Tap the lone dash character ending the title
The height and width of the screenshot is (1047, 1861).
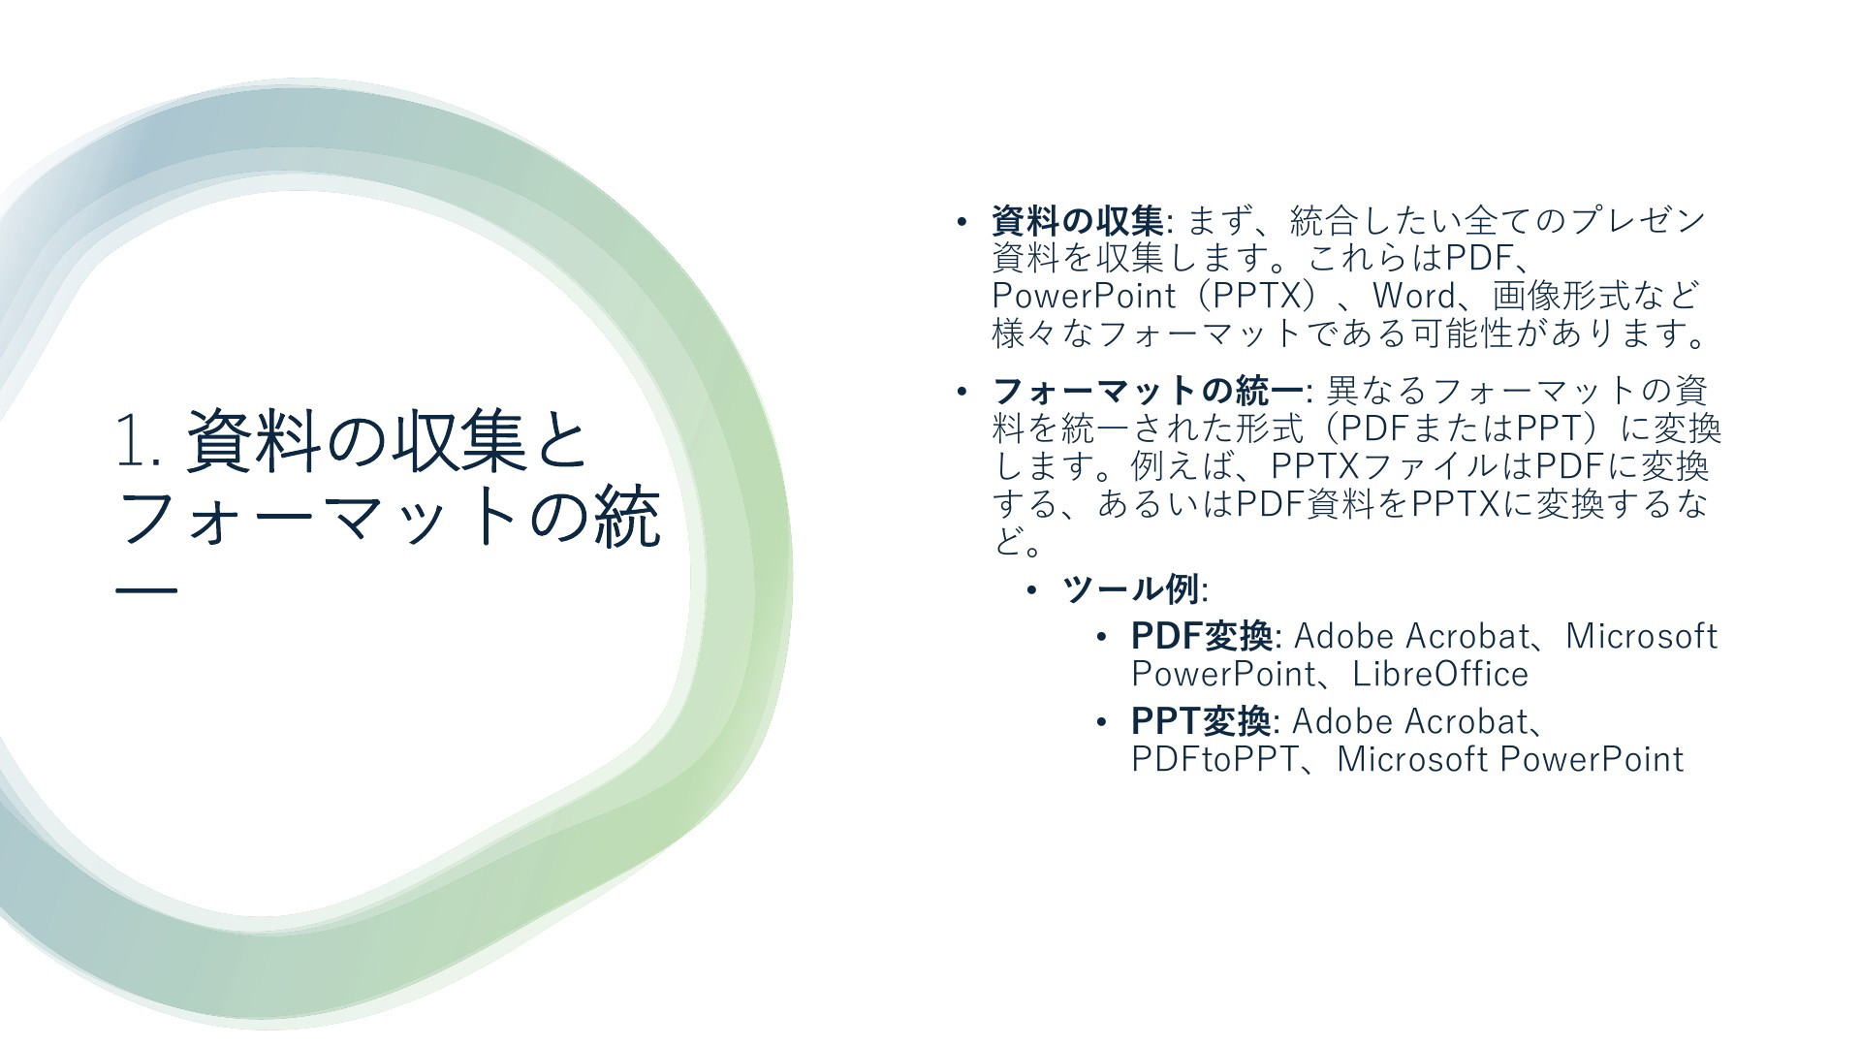[x=146, y=589]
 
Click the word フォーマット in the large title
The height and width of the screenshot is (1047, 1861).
[x=321, y=517]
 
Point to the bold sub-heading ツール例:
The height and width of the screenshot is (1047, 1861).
[x=1135, y=589]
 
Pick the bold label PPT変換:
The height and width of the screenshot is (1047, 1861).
[x=1206, y=722]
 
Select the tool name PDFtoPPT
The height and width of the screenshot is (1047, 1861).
[x=1214, y=759]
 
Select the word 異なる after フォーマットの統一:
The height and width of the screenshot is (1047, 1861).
[x=1376, y=392]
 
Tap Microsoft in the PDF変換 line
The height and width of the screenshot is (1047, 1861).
[x=1641, y=637]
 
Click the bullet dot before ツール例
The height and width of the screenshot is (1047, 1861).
[x=1033, y=589]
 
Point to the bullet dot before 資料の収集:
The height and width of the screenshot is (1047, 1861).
[x=962, y=222]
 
